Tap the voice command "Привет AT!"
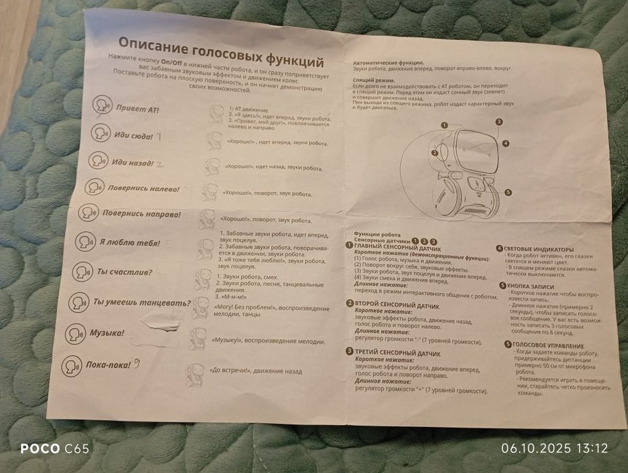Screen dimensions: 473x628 click(137, 108)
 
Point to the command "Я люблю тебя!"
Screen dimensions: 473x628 click(129, 242)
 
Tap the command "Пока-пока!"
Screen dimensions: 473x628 click(108, 365)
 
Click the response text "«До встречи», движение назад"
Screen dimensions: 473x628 click(256, 371)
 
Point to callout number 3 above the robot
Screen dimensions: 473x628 click(498, 122)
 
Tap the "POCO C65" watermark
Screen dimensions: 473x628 click(54, 448)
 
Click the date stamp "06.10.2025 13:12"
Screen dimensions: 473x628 click(554, 448)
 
